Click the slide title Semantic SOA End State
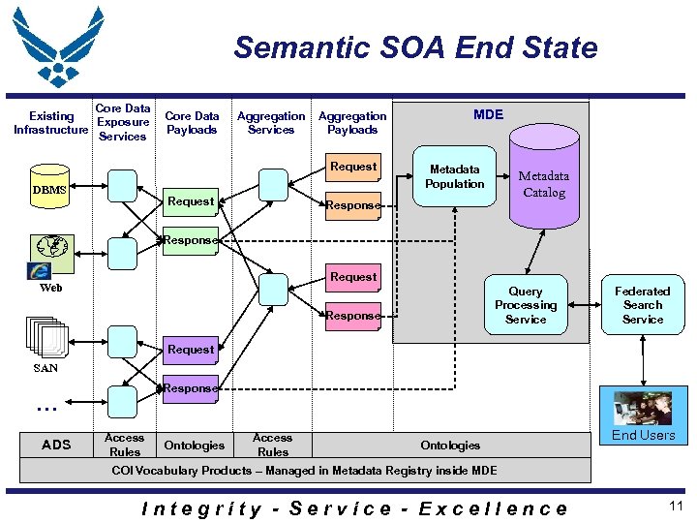coord(415,47)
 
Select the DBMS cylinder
coord(49,190)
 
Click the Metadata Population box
coord(454,176)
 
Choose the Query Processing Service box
coord(526,305)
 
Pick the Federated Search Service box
coord(643,305)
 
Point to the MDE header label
coord(488,114)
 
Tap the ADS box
coord(56,445)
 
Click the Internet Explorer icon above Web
coord(41,271)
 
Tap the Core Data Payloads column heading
coord(192,123)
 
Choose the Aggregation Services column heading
coord(271,123)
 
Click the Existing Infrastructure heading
coord(50,123)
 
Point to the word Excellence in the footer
coord(493,508)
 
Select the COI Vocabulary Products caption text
coord(304,471)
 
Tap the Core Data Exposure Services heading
coord(123,123)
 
